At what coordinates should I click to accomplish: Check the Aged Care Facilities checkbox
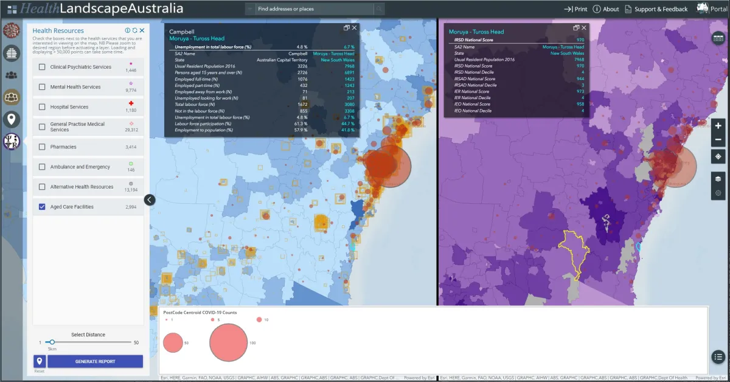pos(42,207)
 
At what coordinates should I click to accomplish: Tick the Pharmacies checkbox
pos(42,147)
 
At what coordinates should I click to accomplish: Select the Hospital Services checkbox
pos(42,107)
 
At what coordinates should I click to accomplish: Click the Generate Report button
pos(95,361)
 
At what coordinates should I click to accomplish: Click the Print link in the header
pos(575,9)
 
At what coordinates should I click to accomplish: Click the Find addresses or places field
pos(313,9)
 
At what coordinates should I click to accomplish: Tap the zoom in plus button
pos(718,126)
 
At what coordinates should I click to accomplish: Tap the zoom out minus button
pos(718,140)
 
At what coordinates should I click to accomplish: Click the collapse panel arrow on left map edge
pos(150,200)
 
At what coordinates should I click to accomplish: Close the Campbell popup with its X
pos(355,28)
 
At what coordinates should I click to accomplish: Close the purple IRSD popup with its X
pos(584,28)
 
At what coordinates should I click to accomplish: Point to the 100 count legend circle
pos(228,342)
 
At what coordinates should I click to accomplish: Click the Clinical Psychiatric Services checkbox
pos(42,67)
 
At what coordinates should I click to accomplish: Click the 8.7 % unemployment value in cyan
pos(349,47)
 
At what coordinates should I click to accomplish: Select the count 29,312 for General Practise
pos(131,130)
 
